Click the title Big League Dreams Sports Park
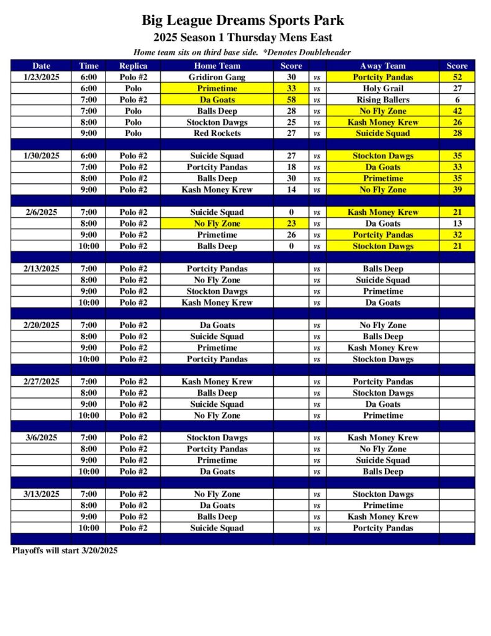click(243, 20)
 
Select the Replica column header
click(133, 66)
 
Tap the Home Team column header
click(217, 66)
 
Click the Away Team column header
click(382, 66)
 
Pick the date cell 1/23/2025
click(42, 78)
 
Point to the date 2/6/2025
click(42, 212)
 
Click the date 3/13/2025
click(42, 494)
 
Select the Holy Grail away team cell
click(382, 89)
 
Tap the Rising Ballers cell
click(382, 100)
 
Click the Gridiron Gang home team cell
click(217, 78)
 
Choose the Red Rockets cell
click(217, 134)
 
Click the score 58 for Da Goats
click(291, 100)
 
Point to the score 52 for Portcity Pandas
click(457, 78)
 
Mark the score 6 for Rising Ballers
click(457, 100)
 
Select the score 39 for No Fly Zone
click(457, 190)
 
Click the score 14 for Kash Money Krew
click(291, 190)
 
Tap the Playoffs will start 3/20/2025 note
click(65, 550)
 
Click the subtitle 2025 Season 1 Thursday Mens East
click(243, 38)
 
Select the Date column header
click(42, 66)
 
